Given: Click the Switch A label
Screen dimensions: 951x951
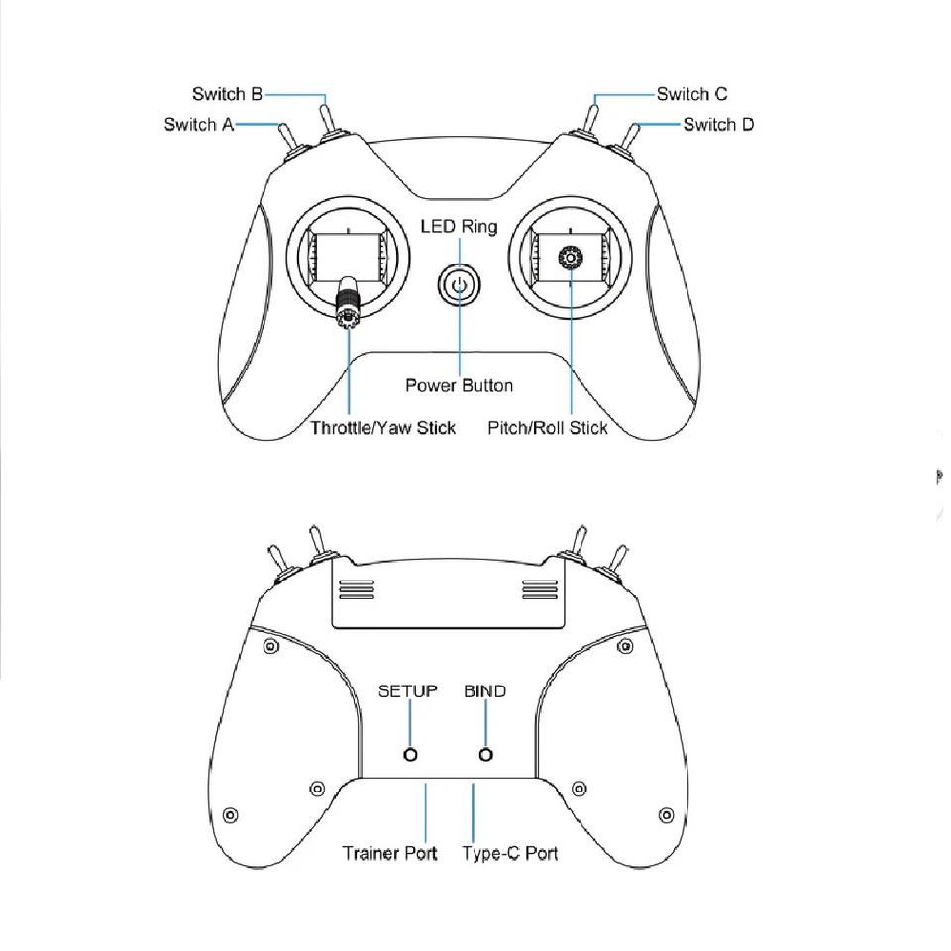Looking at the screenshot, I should (x=199, y=125).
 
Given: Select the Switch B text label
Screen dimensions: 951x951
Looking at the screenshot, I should (x=227, y=94).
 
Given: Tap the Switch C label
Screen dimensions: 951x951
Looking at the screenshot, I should (x=691, y=94).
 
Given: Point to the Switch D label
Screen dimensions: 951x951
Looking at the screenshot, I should (x=718, y=125).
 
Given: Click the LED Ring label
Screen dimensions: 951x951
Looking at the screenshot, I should (x=459, y=227).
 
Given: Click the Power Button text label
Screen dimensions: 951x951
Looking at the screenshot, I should (x=459, y=385).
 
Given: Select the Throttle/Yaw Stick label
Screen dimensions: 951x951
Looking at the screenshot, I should (x=382, y=428).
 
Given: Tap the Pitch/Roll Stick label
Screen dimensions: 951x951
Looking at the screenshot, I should (x=548, y=428).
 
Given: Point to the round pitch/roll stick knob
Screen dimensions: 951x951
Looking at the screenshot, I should (x=572, y=259).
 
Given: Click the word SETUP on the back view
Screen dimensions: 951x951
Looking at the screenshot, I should (x=407, y=691).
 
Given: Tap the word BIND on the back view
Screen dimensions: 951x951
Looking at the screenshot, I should (x=484, y=691).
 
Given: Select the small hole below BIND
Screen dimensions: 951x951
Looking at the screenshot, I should (x=485, y=755).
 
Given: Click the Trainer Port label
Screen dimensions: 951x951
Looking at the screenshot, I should (x=389, y=853).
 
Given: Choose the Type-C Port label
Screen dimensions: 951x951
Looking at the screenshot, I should (x=509, y=853).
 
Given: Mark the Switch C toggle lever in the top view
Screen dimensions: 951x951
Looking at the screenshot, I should (x=591, y=116).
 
